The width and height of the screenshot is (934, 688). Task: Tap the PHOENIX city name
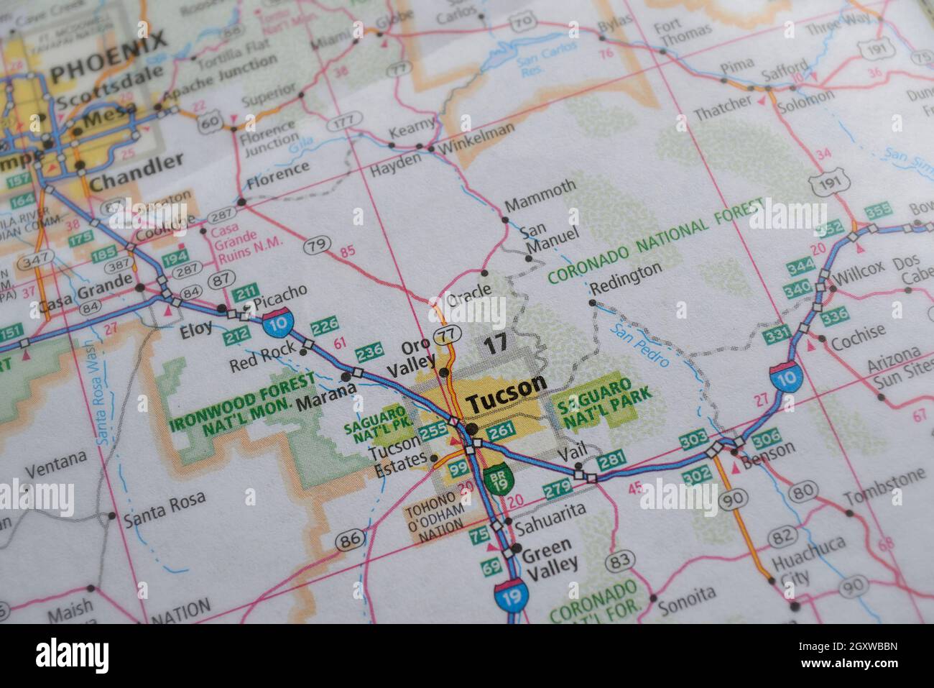(109, 62)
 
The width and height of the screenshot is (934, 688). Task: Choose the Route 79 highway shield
(316, 246)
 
